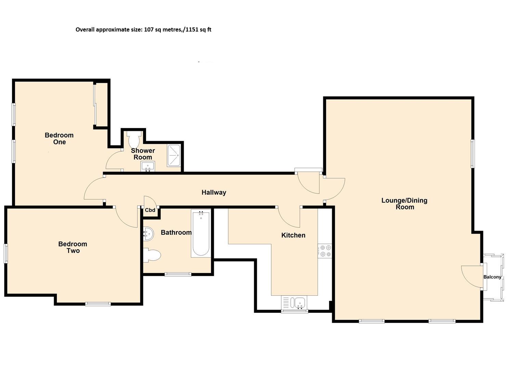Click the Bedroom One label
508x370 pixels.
(x=59, y=138)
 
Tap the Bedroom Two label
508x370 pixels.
(x=73, y=247)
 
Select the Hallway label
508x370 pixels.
(x=213, y=192)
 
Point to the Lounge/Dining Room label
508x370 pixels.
(x=404, y=203)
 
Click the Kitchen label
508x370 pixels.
(x=293, y=235)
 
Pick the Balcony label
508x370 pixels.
(x=492, y=277)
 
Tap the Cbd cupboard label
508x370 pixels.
(x=150, y=210)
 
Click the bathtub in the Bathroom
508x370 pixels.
(x=201, y=234)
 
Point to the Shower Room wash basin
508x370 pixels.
(x=148, y=166)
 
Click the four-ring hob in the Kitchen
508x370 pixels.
(x=325, y=251)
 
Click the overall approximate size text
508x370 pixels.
(x=143, y=29)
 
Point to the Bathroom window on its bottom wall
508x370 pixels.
(x=178, y=274)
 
